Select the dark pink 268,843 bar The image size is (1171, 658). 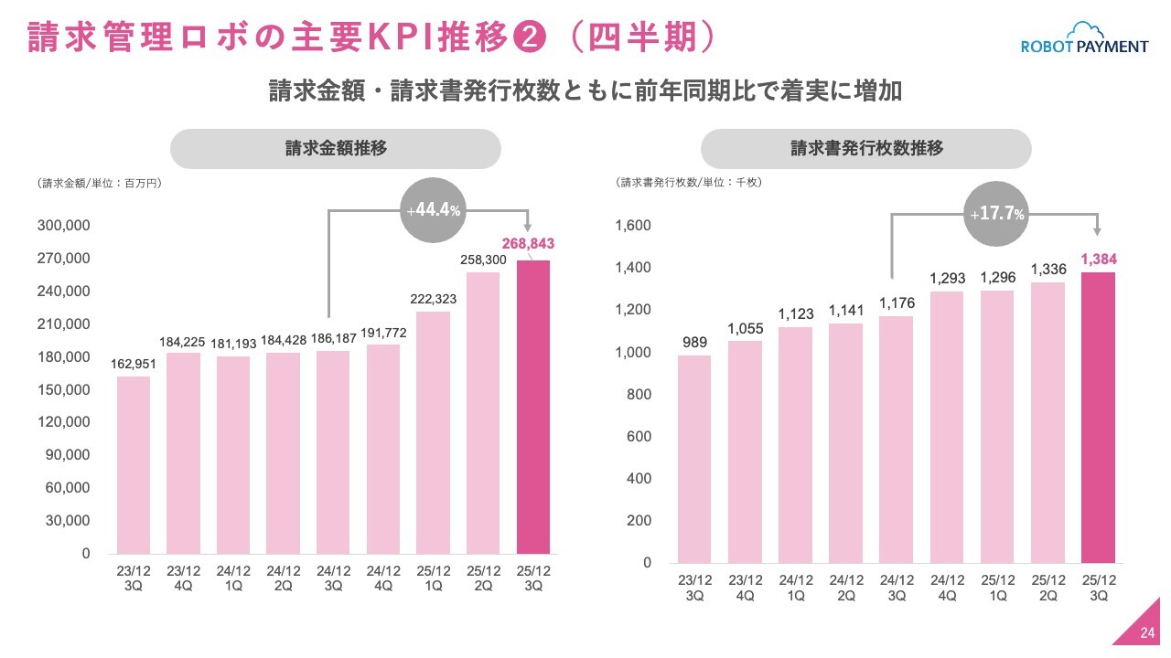point(533,407)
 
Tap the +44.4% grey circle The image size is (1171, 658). point(433,211)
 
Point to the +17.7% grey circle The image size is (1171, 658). point(997,215)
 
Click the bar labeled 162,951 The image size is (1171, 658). point(134,464)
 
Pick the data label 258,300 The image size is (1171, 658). point(483,260)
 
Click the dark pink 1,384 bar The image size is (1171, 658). point(1099,417)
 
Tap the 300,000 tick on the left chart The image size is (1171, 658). point(63,226)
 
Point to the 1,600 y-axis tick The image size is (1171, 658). point(632,226)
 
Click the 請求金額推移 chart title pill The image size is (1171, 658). point(335,149)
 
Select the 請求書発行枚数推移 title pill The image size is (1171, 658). point(866,149)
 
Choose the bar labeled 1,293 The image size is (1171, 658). point(947,427)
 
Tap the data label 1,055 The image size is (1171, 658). point(745,329)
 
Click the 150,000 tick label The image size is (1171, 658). point(63,390)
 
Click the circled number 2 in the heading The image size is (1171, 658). point(531,37)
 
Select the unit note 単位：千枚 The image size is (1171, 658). point(733,183)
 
